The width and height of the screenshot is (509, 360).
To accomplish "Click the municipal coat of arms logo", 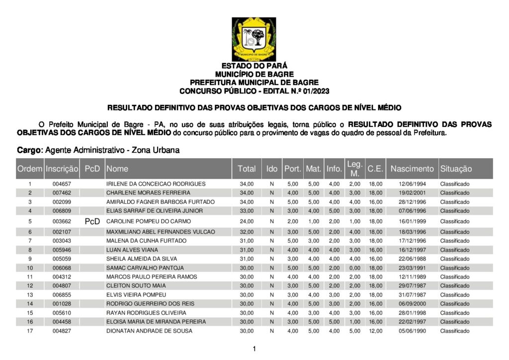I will coord(254,39).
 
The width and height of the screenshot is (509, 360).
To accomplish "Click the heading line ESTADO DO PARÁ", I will coord(254,66).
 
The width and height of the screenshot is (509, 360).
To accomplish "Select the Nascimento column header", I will coord(412,169).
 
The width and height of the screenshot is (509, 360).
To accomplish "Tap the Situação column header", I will coord(456,169).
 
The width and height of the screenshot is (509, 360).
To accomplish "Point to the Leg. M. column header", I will coord(354,169).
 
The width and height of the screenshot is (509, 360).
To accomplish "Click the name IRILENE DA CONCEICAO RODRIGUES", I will coord(149,184).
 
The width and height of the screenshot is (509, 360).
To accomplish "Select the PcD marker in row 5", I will coord(92,221).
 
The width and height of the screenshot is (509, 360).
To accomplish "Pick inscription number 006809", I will coord(62,211).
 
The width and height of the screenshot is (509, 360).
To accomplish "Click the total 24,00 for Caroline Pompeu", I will coord(247,221).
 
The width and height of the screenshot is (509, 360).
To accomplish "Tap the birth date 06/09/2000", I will coord(412,304).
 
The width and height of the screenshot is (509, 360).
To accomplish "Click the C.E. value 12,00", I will coord(375,331).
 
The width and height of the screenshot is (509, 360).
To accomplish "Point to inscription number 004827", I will coord(62,331).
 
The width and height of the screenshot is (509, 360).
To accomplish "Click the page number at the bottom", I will coord(254,349).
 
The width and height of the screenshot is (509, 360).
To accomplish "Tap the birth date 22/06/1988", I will coord(412,259).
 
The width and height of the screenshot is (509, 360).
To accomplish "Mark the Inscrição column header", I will coord(62,169).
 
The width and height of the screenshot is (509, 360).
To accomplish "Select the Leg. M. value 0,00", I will coord(354,268).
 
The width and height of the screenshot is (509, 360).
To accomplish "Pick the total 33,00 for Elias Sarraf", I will coord(247,211).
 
